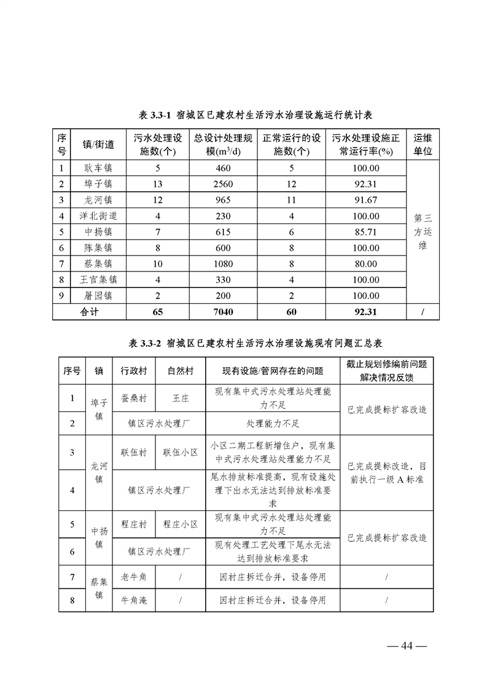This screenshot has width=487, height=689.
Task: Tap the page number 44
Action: point(405,645)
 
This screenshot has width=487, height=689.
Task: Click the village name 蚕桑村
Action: point(134,399)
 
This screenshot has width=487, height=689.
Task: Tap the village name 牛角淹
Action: point(134,600)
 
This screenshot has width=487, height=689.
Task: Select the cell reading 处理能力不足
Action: point(273,423)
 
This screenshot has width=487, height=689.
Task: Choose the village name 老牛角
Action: point(134,577)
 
